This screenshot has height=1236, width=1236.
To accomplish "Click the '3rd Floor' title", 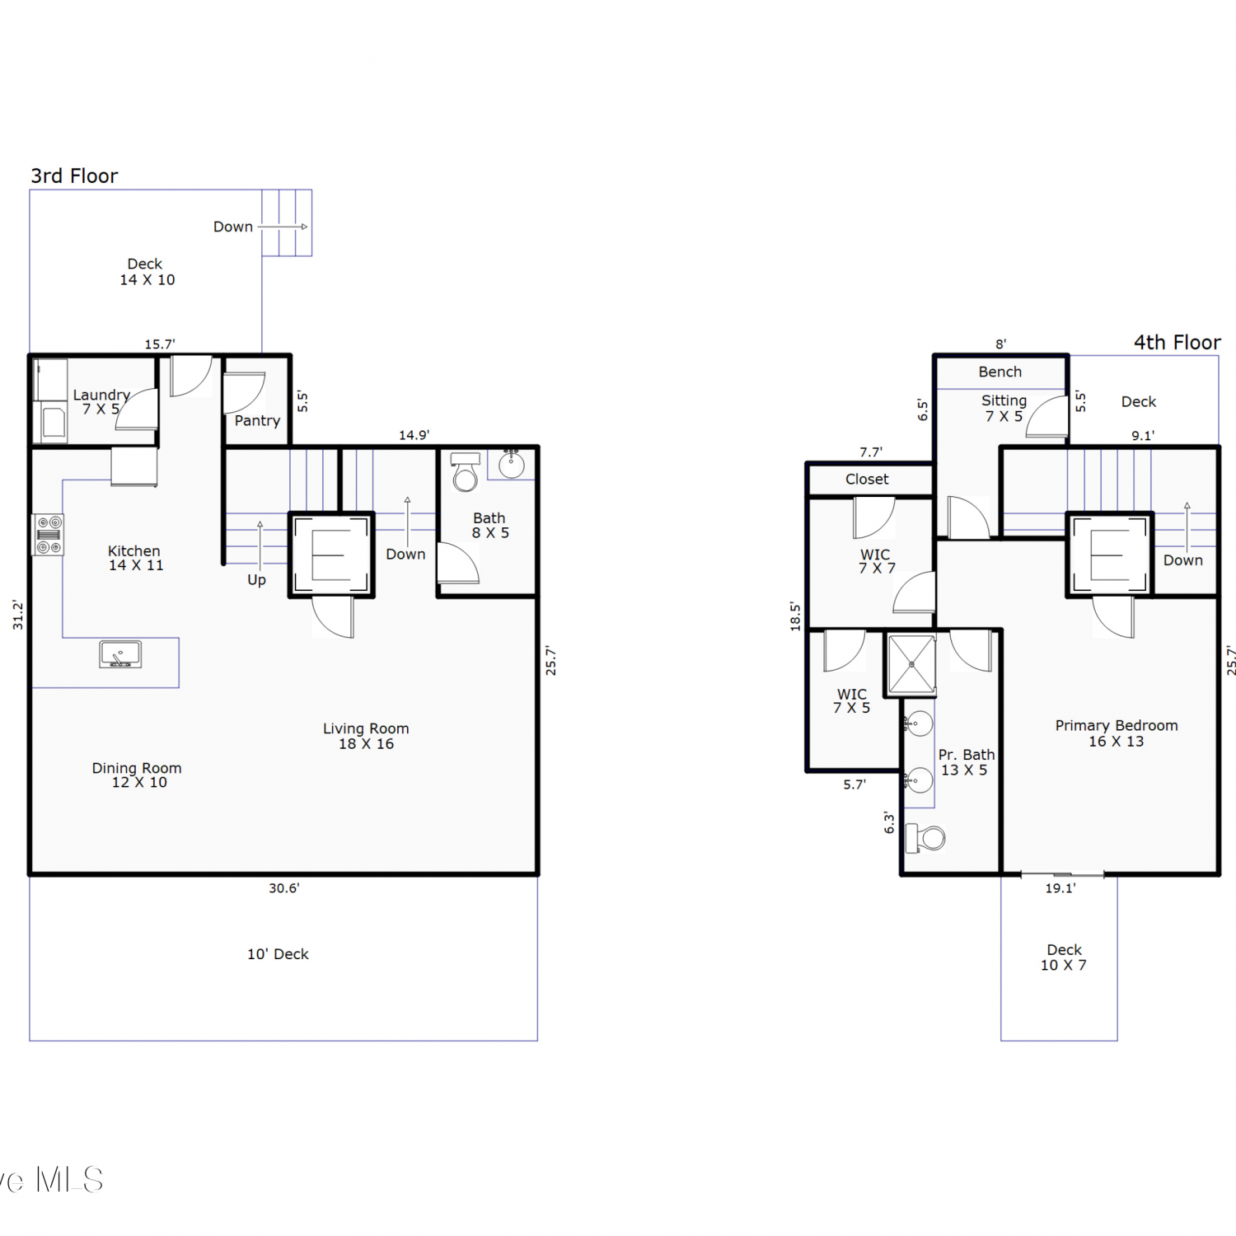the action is tap(74, 176).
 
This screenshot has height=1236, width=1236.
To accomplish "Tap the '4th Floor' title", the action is tap(1177, 342).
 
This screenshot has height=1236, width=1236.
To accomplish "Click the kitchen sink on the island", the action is tap(120, 654).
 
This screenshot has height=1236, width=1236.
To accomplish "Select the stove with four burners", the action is tap(49, 535).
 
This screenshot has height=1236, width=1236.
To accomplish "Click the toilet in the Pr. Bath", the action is tap(925, 839).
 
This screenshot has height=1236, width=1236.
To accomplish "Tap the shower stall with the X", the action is tap(911, 664).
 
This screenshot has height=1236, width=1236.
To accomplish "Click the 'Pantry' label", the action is tap(257, 421).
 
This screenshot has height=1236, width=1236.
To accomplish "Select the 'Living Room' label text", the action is tap(366, 728).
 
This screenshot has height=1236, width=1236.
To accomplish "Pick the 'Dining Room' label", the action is tap(137, 768).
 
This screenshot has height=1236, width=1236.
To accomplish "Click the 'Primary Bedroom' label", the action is tap(1117, 726).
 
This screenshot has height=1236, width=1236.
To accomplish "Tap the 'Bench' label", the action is tap(1000, 372).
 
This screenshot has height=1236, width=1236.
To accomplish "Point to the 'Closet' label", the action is tap(867, 479).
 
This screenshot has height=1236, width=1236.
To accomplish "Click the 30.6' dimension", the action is tap(284, 888).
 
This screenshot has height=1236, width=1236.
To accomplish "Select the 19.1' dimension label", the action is tap(1060, 888).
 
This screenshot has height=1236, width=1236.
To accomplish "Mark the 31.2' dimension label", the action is tap(18, 615).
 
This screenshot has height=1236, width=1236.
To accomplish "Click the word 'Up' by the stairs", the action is tap(256, 580).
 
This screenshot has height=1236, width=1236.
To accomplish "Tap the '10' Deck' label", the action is tap(278, 954).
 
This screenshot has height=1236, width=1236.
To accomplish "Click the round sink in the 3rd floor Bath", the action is tap(511, 465).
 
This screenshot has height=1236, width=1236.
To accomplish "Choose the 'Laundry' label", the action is tap(101, 396).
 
